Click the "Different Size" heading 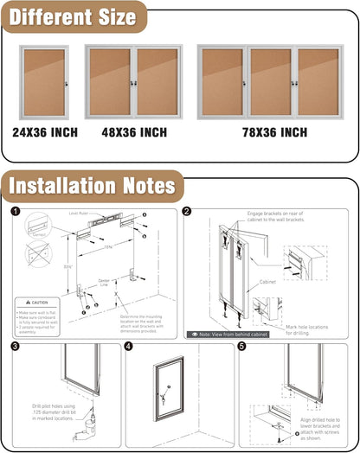74,17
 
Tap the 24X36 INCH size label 45,132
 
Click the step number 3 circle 15,347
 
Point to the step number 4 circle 129,347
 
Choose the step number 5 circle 242,347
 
